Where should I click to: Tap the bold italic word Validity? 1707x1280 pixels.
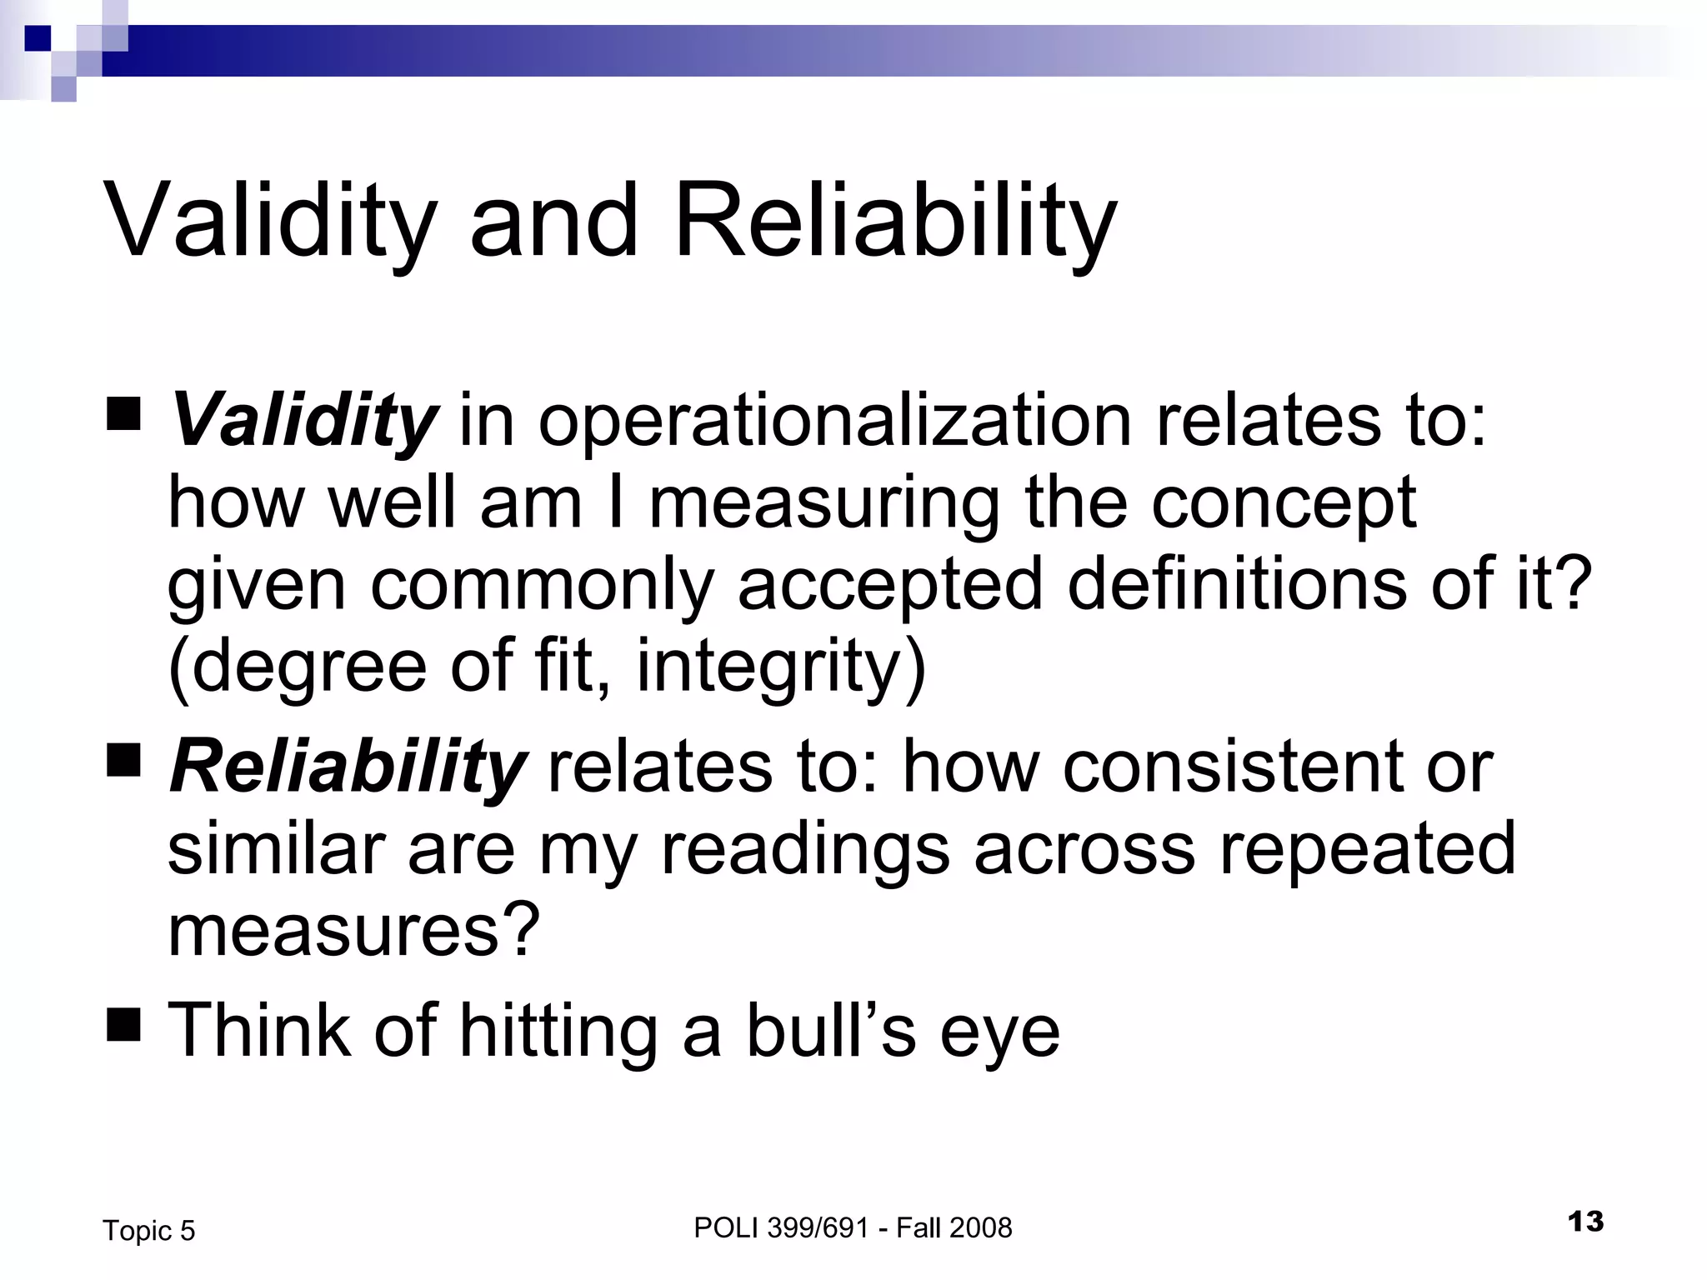(x=303, y=420)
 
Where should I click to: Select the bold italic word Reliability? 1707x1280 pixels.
(x=347, y=767)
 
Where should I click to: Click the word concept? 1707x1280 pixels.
(x=1284, y=505)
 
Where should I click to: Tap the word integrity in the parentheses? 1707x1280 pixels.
(x=780, y=667)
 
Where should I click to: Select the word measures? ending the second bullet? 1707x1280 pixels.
(x=354, y=930)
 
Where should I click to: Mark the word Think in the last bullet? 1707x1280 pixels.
(x=259, y=1031)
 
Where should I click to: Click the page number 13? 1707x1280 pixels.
(x=1585, y=1222)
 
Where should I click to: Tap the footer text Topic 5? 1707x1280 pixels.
(x=148, y=1231)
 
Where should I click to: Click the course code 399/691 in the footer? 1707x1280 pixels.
(x=820, y=1227)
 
